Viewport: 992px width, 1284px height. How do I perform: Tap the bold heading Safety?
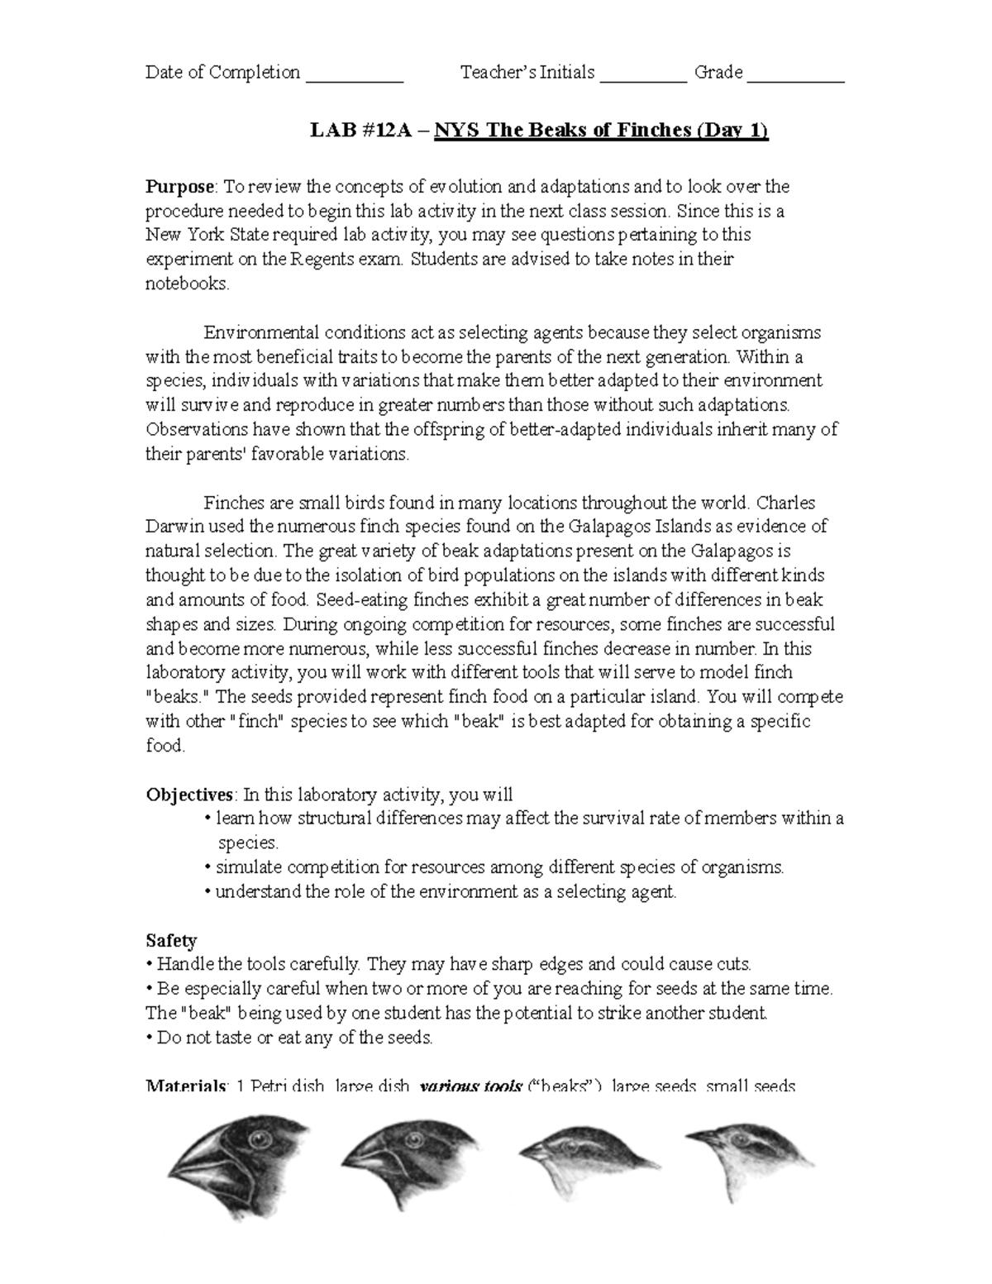pyautogui.click(x=171, y=940)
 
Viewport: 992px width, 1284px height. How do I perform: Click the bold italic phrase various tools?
pyautogui.click(x=471, y=1086)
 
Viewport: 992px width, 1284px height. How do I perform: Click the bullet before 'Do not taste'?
pyautogui.click(x=149, y=1038)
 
